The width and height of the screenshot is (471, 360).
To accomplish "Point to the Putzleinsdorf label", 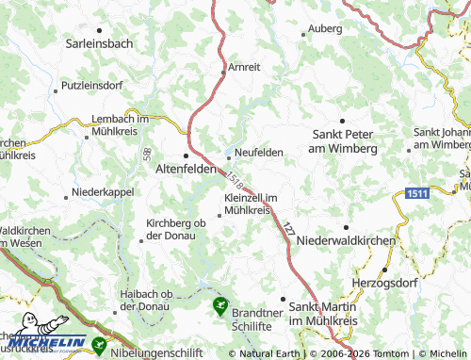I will (x=93, y=86).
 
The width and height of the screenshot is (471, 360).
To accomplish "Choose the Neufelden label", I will (x=259, y=153).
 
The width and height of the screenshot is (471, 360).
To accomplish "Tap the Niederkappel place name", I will (x=104, y=195).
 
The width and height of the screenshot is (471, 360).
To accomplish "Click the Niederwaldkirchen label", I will (x=346, y=241).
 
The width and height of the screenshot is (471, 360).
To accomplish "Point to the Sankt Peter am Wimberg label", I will (x=344, y=141).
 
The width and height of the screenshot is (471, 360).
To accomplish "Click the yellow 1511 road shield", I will (x=419, y=192).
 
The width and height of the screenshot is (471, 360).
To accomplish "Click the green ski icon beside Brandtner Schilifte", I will (x=219, y=304).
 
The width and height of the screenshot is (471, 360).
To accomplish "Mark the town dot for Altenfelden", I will (x=186, y=155).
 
